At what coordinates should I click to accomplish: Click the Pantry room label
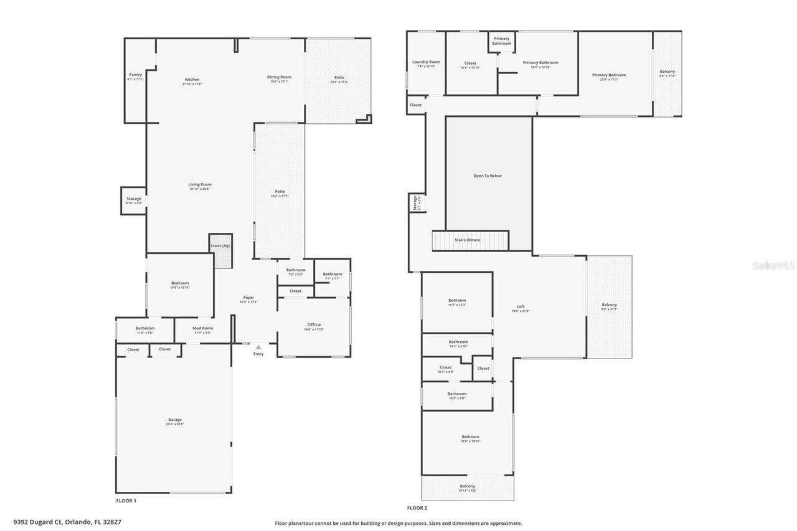(x=135, y=75)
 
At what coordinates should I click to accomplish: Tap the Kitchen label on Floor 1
(x=192, y=80)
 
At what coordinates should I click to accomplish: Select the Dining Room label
(x=280, y=77)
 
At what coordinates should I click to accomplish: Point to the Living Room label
(x=200, y=184)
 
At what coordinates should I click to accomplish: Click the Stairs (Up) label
(x=220, y=246)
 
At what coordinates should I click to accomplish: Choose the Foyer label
(x=248, y=298)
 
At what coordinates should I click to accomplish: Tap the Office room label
(x=314, y=324)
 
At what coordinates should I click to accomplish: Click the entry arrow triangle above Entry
(x=258, y=347)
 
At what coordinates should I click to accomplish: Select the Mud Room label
(x=202, y=328)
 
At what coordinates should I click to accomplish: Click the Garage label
(x=174, y=420)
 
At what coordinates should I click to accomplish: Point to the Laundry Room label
(x=426, y=62)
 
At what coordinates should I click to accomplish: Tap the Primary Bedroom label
(x=608, y=75)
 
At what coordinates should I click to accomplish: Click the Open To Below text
(x=487, y=176)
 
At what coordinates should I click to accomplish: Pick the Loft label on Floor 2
(x=521, y=306)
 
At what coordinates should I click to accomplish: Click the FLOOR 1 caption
(x=126, y=500)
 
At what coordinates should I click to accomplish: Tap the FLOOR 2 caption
(x=417, y=508)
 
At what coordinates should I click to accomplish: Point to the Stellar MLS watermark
(x=773, y=265)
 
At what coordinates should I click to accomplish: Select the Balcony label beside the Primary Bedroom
(x=667, y=72)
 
